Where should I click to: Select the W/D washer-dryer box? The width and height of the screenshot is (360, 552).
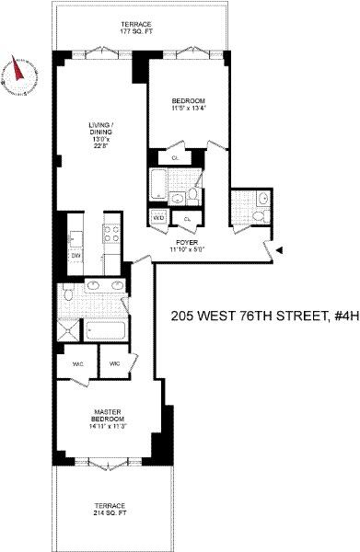click(x=159, y=218)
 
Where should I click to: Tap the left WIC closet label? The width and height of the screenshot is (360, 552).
click(x=75, y=363)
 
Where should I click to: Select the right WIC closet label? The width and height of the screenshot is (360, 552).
click(x=115, y=363)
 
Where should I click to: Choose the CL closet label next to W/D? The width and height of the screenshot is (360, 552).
click(x=187, y=218)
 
